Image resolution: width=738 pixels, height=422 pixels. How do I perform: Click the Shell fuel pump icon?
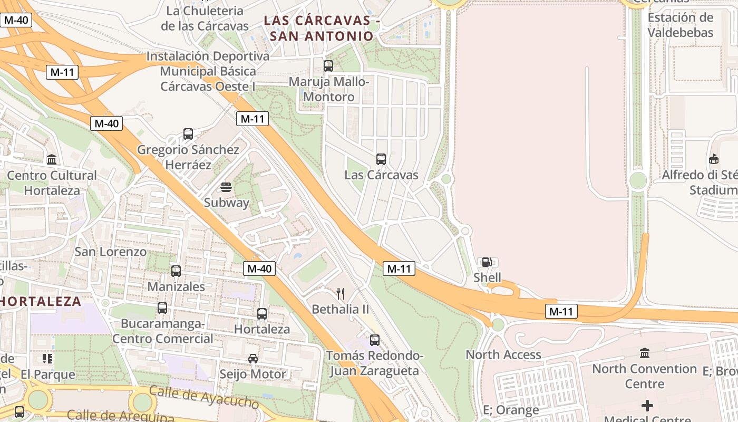tap(487, 262)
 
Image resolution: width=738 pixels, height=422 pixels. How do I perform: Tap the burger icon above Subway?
tap(226, 187)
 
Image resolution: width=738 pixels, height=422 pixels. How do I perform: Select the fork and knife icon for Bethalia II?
tap(341, 294)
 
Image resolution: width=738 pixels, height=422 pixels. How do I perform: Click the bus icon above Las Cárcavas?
tap(381, 159)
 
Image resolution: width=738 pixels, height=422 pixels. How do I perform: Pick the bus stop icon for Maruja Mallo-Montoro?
tap(328, 66)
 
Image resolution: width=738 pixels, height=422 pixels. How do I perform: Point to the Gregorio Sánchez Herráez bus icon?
tap(188, 134)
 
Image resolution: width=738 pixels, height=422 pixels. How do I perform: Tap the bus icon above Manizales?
tap(176, 271)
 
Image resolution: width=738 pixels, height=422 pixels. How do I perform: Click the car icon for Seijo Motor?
tap(253, 359)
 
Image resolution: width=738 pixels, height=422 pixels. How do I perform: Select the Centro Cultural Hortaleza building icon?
tap(52, 159)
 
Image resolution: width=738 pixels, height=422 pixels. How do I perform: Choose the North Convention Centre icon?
tap(645, 353)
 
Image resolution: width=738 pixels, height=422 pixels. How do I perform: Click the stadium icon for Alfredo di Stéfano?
tap(714, 159)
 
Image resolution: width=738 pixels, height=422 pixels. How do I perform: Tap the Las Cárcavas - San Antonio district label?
tap(322, 28)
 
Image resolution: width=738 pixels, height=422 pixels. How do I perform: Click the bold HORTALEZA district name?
tap(41, 302)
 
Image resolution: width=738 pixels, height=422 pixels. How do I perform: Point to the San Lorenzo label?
tap(110, 252)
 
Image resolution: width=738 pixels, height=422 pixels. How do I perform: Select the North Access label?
tap(503, 354)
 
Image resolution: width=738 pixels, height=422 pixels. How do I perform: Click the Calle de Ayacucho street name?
tap(204, 397)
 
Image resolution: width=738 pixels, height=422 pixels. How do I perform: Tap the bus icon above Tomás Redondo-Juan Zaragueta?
tap(375, 340)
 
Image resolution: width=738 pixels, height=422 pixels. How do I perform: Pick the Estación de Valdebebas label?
tap(680, 25)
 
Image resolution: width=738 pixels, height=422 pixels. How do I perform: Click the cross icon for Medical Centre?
tap(647, 406)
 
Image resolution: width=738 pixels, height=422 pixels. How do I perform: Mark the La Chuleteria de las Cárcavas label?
tap(205, 18)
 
